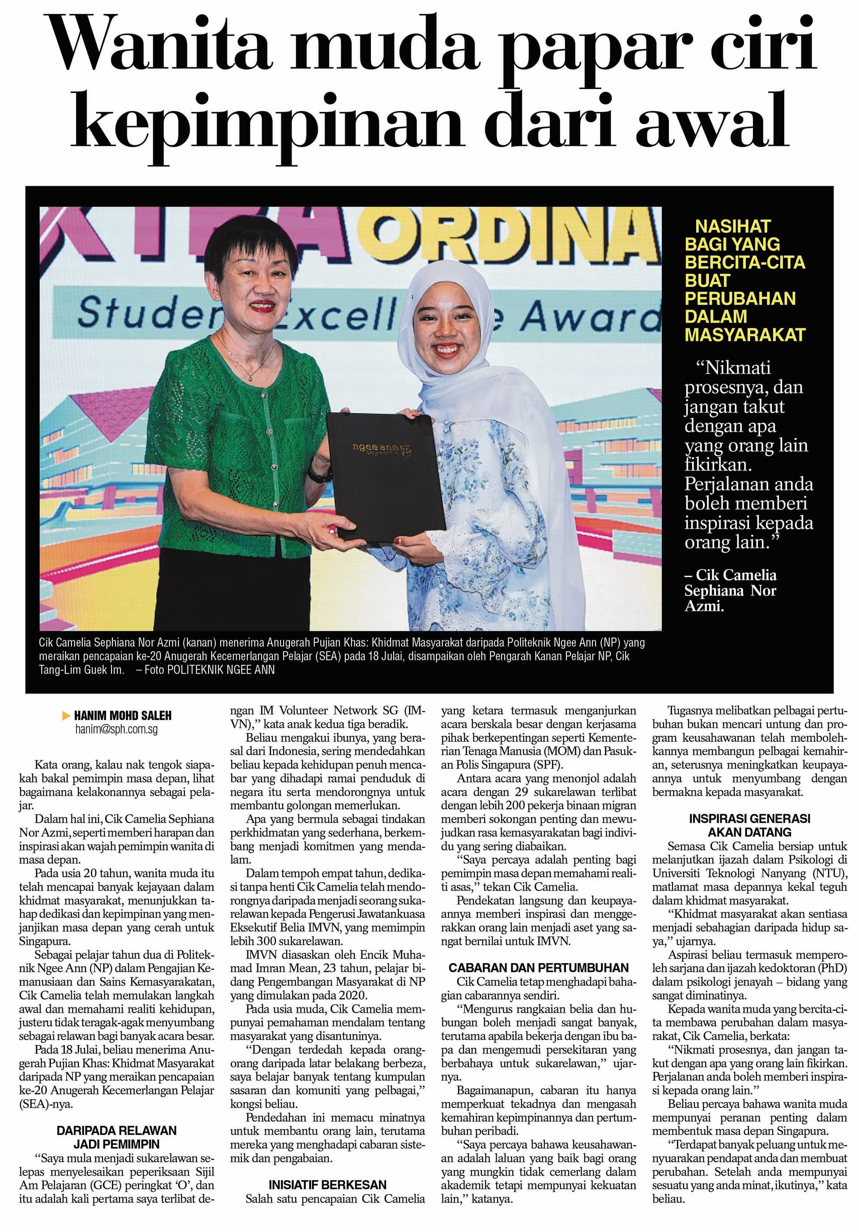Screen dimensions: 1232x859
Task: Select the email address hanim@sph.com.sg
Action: point(116,729)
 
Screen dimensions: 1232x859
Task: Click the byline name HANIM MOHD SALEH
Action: point(123,715)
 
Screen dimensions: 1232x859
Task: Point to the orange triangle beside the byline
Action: point(67,715)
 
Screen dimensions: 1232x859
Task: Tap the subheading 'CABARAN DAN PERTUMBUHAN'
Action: point(538,968)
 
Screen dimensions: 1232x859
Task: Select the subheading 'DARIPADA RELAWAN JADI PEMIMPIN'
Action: point(116,1136)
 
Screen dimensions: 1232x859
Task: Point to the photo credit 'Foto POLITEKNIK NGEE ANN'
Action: point(210,670)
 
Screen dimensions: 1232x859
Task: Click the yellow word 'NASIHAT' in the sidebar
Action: point(733,226)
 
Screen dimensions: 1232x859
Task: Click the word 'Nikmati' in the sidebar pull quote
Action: point(739,368)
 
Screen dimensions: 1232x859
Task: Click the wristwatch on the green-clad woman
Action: point(315,474)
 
